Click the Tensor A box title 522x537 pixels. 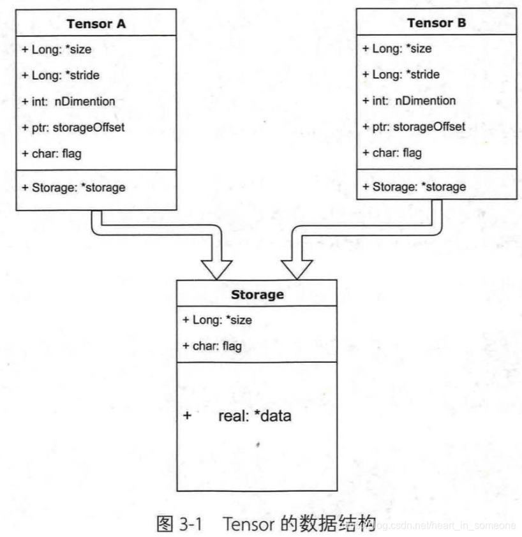point(96,24)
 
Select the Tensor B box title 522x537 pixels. point(436,23)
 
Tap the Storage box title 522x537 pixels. point(257,295)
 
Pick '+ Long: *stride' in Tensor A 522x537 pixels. point(61,75)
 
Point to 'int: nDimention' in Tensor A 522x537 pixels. point(69,101)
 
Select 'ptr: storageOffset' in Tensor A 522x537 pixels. point(73,128)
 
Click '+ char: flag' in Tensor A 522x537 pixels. point(52,154)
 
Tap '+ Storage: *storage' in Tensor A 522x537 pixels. point(73,188)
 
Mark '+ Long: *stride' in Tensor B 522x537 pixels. point(401,75)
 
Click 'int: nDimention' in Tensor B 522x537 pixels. point(409,101)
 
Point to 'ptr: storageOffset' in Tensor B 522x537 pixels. point(414,127)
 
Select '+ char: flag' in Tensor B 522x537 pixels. point(392,153)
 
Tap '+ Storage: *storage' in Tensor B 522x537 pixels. point(414,187)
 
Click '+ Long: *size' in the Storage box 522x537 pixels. point(217,320)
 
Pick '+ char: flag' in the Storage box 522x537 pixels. point(212,346)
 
